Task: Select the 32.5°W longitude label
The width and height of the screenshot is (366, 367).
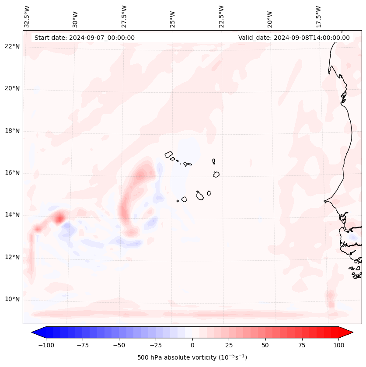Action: tap(27, 17)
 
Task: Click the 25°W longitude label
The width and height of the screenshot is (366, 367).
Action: tap(173, 17)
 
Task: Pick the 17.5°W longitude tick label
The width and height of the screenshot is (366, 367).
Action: tap(318, 17)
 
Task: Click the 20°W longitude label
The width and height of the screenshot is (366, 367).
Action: tap(270, 17)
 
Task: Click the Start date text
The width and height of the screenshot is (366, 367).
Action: tap(84, 38)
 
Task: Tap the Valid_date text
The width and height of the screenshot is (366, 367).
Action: tap(294, 38)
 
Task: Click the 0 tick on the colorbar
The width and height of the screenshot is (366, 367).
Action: tap(192, 345)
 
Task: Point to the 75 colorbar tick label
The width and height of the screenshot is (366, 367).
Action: tap(302, 345)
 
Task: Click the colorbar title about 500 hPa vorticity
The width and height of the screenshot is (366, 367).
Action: tap(192, 357)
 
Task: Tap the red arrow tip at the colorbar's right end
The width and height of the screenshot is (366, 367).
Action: tap(350, 332)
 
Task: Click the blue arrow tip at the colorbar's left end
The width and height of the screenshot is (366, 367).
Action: tap(35, 332)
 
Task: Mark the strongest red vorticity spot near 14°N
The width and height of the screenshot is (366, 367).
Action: tap(59, 217)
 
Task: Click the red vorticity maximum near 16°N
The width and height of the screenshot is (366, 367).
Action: tap(140, 175)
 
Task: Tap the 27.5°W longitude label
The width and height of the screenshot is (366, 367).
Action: tap(124, 17)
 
